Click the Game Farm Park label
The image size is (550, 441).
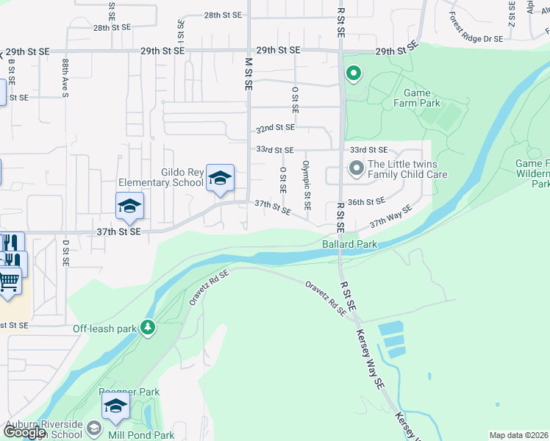422,98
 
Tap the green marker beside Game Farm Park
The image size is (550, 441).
354,73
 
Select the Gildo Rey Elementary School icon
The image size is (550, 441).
219,179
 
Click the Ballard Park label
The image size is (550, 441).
349,244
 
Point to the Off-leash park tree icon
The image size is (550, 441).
148,326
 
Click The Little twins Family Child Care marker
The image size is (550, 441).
357,169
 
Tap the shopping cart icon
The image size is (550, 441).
9,280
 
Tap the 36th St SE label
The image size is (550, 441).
366,201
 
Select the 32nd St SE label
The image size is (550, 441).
275,127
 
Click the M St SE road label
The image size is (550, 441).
249,73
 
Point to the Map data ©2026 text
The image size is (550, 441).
518,435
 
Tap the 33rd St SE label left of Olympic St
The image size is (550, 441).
274,149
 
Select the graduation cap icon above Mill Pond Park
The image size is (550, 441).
115,406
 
